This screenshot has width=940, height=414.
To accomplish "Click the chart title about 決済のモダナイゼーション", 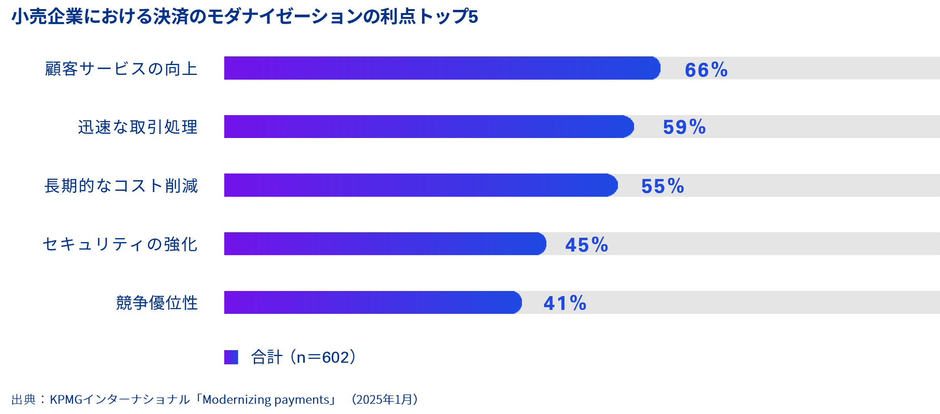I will [245, 17].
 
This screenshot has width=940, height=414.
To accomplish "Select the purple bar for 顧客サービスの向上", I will [441, 68].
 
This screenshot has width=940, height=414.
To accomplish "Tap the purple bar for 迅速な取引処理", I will [428, 127].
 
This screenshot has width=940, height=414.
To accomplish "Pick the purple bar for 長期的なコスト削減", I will [420, 185].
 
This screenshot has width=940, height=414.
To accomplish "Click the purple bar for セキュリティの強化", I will [385, 244].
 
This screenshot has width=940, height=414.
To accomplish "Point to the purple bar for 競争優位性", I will [372, 302].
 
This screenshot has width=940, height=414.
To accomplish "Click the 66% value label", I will [706, 70].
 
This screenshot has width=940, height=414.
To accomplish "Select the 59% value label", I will [684, 127].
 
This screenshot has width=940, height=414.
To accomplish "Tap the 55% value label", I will [662, 186].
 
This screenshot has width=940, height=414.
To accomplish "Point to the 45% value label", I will [587, 245].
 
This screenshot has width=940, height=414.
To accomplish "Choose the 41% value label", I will [565, 303].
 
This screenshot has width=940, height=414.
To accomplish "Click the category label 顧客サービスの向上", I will [121, 69].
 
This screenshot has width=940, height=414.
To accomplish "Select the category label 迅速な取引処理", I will [138, 127].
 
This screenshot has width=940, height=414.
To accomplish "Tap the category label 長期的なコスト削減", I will [121, 186].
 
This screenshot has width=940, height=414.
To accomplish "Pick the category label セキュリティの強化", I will [120, 244].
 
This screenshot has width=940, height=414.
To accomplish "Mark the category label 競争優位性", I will [157, 303].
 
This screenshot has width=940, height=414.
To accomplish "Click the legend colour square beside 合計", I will [231, 357].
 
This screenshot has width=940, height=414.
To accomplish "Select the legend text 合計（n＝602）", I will [303, 357].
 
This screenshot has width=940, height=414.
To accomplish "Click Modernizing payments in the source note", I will [266, 400].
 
